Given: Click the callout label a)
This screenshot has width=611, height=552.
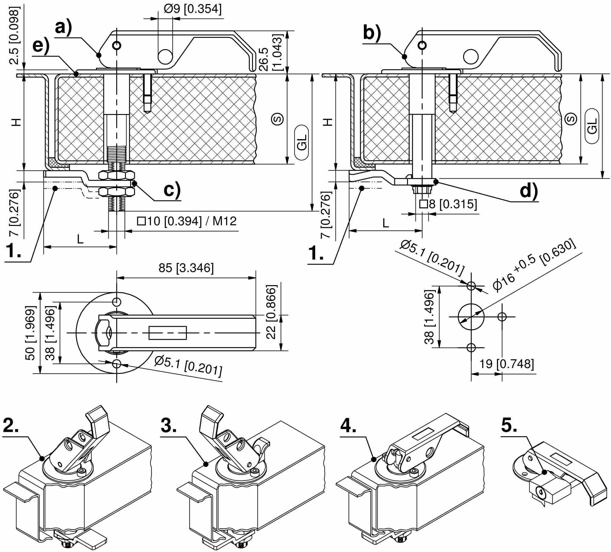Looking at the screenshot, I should click(63, 28).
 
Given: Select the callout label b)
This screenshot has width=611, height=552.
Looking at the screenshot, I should click(371, 32).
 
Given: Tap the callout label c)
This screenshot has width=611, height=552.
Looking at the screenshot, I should click(172, 190).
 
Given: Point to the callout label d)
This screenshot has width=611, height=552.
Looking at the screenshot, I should click(528, 191).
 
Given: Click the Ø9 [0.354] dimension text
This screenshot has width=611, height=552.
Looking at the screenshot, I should click(192, 9).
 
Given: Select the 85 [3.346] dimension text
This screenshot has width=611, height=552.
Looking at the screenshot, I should click(186, 268).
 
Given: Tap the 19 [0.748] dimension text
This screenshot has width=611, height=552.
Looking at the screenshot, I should click(506, 364).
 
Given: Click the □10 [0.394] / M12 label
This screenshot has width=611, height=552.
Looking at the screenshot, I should click(186, 221).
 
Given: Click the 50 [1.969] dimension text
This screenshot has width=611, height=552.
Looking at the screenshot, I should click(30, 333).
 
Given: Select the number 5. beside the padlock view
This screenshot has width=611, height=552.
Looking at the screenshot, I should click(509, 425).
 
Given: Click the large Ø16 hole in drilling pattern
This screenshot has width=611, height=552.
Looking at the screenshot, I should click(471, 316).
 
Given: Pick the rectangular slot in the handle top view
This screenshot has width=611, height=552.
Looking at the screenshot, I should click(168, 333).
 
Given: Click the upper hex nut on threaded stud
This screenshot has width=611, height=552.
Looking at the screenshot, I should click(117, 175).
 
